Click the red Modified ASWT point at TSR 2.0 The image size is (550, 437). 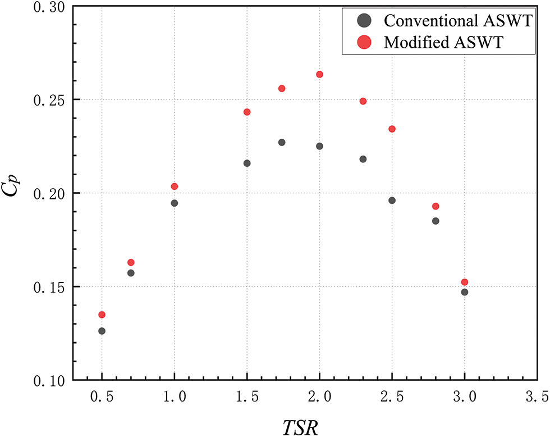(320, 74)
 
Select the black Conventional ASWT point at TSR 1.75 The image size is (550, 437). (282, 142)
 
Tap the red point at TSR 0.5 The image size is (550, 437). (102, 315)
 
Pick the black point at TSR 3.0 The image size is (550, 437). (465, 292)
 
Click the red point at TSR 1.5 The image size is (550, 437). (247, 112)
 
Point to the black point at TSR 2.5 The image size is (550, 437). (392, 201)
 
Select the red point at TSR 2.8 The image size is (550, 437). (436, 206)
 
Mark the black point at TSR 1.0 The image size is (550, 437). (175, 203)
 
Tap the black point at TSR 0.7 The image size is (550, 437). (131, 273)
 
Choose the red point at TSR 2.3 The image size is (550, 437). (363, 101)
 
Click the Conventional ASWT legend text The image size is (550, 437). (457, 21)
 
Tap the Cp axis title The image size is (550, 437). (17, 193)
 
